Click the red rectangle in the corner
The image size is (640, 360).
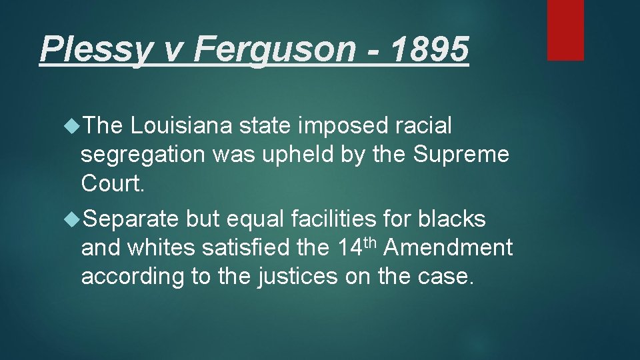[x=565, y=30]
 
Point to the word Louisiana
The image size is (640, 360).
[x=181, y=125]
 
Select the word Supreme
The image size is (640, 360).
[x=461, y=155]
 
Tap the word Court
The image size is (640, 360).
[x=112, y=183]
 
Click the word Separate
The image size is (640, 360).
[x=131, y=219]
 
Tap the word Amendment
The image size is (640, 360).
[x=449, y=248]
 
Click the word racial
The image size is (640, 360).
[x=423, y=125]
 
